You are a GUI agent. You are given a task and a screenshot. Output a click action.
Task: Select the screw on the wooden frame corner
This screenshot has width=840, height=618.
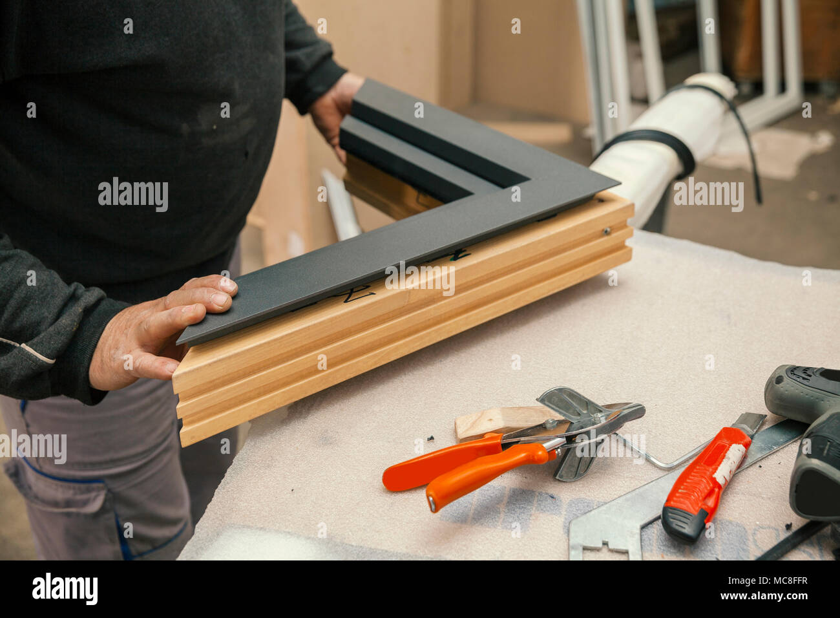607,230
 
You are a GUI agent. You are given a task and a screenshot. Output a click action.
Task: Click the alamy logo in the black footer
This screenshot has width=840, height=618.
65,589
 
